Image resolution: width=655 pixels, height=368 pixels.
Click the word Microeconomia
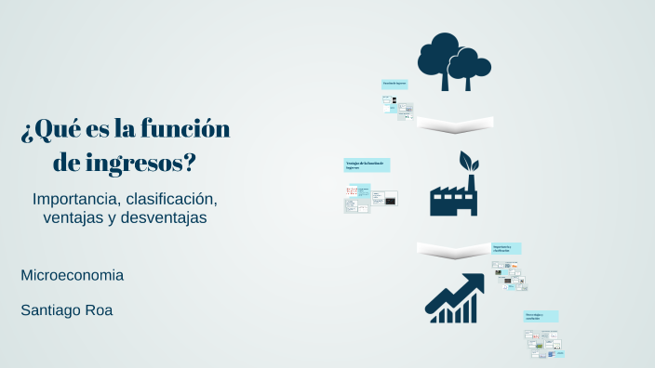[72, 275]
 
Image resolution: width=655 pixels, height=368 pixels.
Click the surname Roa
[100, 309]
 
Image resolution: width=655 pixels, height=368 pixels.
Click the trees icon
[453, 61]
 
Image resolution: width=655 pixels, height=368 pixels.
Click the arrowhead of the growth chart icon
[476, 280]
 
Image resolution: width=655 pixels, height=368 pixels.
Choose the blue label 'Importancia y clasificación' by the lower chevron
[506, 248]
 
